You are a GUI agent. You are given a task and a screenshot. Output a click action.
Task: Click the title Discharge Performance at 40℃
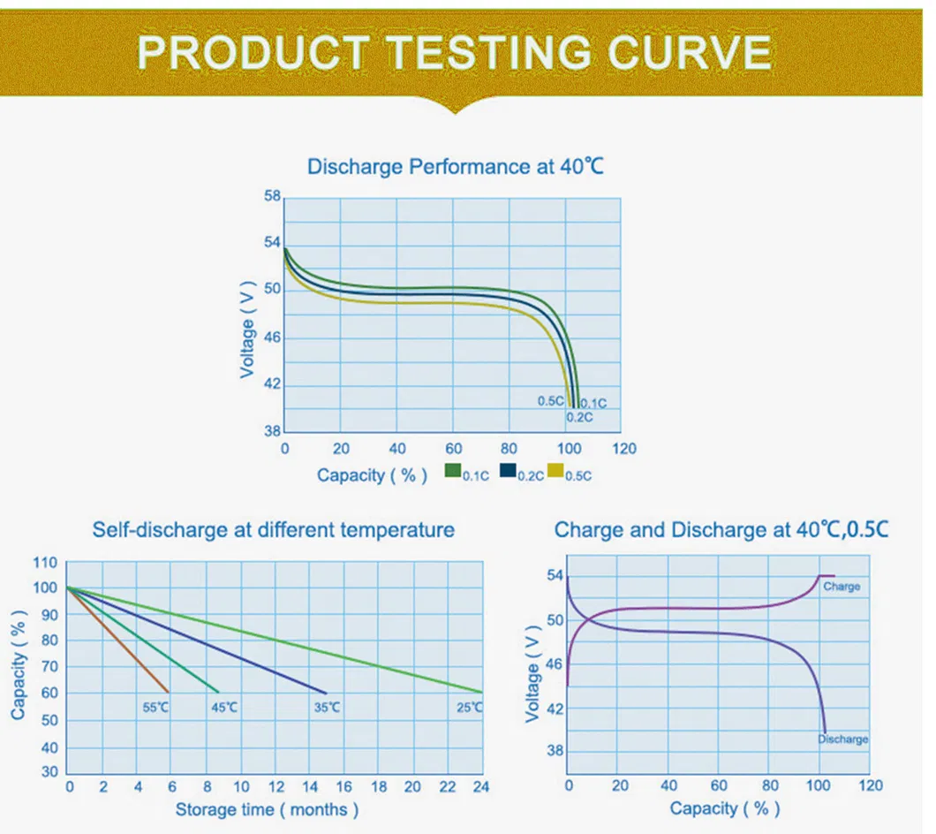(455, 166)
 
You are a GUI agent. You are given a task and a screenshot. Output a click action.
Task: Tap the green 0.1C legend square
(453, 471)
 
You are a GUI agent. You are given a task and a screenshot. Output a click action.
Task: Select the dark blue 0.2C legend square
(508, 471)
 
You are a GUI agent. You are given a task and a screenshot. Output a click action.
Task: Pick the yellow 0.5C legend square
(556, 471)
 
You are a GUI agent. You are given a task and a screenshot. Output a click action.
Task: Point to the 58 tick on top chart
(273, 195)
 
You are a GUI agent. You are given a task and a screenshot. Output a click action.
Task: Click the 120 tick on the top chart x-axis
(624, 449)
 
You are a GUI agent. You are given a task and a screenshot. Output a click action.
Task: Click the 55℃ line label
(155, 707)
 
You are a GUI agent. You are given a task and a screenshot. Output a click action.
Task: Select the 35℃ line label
(327, 707)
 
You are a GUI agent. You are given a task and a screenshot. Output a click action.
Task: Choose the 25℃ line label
(470, 707)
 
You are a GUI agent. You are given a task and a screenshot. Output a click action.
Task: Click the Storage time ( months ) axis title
(267, 809)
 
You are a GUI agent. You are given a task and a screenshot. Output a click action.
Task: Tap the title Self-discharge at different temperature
(274, 530)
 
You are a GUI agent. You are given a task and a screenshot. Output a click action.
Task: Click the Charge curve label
(841, 586)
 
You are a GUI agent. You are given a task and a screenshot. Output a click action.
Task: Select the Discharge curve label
(842, 739)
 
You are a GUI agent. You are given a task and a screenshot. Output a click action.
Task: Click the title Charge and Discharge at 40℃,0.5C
(721, 530)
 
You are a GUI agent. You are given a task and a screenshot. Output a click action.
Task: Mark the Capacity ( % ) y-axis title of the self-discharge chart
(19, 666)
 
